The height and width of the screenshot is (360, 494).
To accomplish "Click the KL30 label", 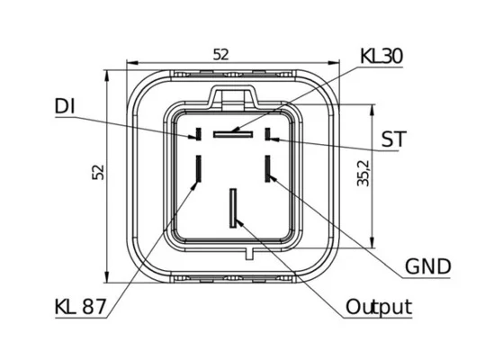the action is tap(382, 57).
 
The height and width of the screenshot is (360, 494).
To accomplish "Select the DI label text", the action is tap(65, 106).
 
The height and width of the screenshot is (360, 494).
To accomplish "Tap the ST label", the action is tap(393, 139).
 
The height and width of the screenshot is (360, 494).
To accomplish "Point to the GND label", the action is tap(427, 266).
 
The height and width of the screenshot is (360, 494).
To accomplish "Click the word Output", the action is tap(379, 306).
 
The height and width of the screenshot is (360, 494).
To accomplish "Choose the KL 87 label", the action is tap(81, 306).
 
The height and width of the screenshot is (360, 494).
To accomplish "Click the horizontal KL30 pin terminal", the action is tap(233, 134).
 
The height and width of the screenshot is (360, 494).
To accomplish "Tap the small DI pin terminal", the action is tap(199, 134).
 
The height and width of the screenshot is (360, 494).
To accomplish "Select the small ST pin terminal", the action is tap(268, 134).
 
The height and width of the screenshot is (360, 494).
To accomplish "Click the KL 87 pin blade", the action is tap(199, 168).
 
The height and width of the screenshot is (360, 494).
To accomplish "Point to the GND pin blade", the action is tap(268, 168).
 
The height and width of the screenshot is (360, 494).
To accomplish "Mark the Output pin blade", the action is tap(233, 208).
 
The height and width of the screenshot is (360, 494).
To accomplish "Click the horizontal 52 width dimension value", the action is tap(220, 55).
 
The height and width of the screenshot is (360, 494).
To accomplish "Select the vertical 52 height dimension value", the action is tap(98, 172).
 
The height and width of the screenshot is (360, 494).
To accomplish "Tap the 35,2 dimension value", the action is tap(364, 175).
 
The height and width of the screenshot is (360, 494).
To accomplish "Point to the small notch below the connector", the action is tap(249, 253).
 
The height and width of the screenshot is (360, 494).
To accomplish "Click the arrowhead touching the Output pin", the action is tap(239, 222).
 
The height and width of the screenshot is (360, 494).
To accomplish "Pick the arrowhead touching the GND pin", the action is tap(273, 177).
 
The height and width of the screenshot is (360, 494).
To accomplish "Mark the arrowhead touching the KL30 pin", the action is tap(235, 129).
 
